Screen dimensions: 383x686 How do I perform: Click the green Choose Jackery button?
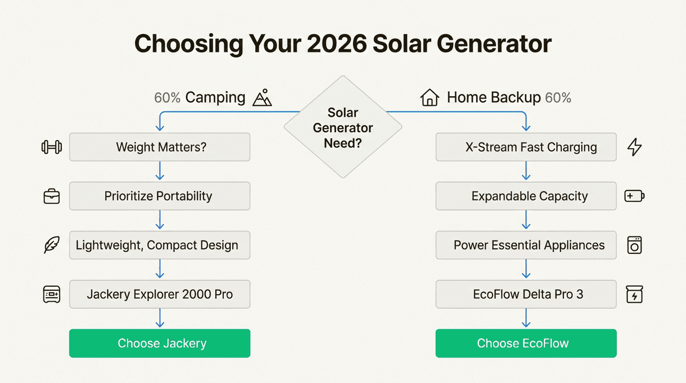[160, 343]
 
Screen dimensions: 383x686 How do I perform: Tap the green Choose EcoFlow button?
[526, 343]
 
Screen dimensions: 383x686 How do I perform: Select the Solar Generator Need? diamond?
[343, 127]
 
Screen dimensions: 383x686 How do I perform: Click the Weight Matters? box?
[160, 147]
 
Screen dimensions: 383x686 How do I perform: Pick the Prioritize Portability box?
[160, 196]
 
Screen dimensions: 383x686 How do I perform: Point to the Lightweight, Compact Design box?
[160, 245]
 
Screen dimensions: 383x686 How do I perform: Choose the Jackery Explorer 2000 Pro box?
[160, 294]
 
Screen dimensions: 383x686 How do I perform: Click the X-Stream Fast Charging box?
[526, 147]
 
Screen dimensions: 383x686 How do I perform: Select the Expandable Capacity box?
[526, 196]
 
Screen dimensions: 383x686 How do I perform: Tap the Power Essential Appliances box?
[526, 245]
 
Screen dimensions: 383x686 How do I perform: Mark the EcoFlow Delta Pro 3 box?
[526, 294]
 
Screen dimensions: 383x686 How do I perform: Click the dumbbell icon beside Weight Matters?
[51, 147]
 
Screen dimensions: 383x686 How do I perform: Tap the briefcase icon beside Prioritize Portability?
[51, 196]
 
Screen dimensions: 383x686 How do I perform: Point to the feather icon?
[51, 245]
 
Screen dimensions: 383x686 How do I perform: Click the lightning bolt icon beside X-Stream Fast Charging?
[634, 147]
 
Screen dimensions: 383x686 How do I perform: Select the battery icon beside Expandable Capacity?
[634, 196]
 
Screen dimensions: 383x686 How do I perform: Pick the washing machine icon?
[634, 245]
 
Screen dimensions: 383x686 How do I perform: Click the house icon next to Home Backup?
[429, 98]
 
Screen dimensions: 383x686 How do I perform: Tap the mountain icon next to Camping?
[262, 98]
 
